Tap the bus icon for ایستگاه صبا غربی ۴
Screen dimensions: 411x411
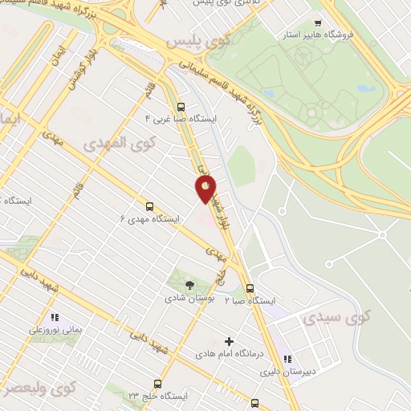click(180, 107)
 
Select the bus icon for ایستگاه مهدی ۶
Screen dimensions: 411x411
click(149, 205)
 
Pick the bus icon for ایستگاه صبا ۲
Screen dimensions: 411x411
click(250, 288)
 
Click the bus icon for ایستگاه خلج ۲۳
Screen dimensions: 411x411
click(157, 385)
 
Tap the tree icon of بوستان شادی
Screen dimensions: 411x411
click(189, 284)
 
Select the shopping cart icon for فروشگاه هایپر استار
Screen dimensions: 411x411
click(319, 23)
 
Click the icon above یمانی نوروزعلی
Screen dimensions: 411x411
click(55, 316)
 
